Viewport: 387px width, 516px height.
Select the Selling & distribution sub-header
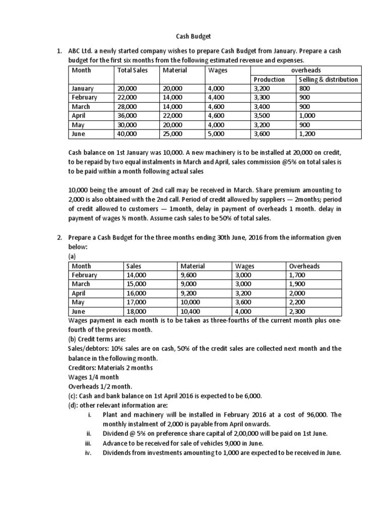(328, 80)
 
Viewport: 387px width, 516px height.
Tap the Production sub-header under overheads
(269, 80)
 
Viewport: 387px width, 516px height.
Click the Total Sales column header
(133, 70)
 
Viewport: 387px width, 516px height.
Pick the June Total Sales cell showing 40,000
(127, 134)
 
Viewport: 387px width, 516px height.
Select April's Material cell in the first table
(173, 116)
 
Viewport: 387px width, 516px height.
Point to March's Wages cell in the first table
(217, 107)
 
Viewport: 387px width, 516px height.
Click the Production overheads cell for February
(264, 98)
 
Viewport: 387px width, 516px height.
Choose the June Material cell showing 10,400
(191, 311)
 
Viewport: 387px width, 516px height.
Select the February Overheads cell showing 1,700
(298, 275)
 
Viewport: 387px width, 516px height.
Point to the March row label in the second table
(81, 284)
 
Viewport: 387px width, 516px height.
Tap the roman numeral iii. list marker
(90, 442)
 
